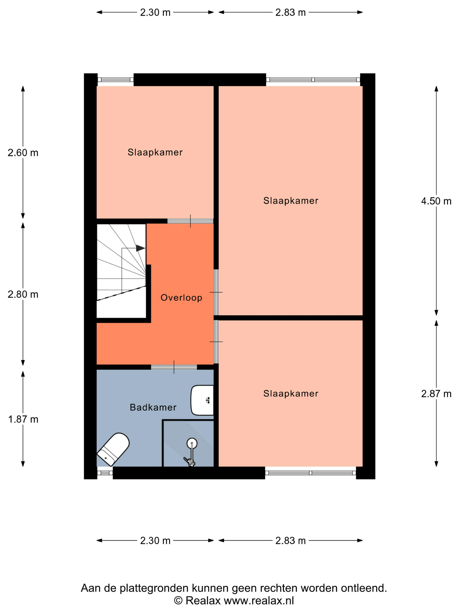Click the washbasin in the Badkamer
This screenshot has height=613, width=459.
tap(202, 400)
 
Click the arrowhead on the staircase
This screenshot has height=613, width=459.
tap(141, 248)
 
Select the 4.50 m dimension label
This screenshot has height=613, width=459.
tap(436, 201)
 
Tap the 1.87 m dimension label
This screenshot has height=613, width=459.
tap(23, 419)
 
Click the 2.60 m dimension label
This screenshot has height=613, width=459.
tap(23, 153)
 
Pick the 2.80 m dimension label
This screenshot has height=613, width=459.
tap(23, 294)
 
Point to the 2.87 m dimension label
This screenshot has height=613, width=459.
tap(436, 394)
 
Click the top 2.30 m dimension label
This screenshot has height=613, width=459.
tap(155, 12)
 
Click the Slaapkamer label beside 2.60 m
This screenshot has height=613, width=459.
tap(155, 152)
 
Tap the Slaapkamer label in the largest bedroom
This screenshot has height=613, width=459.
tap(291, 201)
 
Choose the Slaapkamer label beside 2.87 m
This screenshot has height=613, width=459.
tap(291, 393)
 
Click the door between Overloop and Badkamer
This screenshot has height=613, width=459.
tap(174, 367)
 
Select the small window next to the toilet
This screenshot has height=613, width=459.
tap(105, 473)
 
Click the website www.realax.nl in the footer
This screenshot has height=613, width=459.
tap(259, 601)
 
